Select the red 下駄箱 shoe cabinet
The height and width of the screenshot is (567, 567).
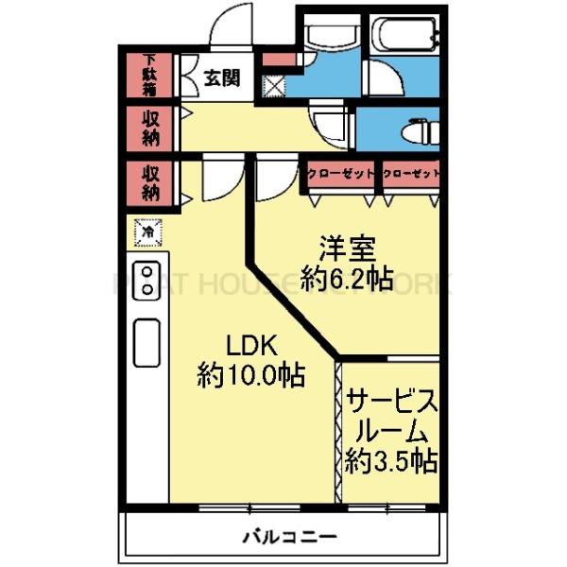pos(150,76)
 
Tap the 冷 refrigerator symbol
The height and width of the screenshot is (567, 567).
pos(148,230)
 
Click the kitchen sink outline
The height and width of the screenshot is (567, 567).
pos(147,342)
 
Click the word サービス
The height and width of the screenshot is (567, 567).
pos(390,402)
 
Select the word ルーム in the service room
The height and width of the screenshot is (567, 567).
pos(390,432)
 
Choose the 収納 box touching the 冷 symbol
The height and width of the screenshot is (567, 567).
pos(150,182)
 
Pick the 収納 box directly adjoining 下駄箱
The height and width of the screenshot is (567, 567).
pos(150,127)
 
